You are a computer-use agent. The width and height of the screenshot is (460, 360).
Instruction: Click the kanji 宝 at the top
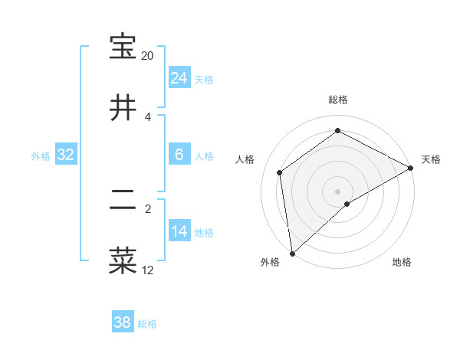pos(123,47)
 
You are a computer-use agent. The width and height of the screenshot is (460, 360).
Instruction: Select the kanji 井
pos(123,107)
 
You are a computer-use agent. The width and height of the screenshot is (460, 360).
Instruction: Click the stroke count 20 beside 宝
pos(147,56)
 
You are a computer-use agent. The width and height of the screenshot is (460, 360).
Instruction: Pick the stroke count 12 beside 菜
pos(147,270)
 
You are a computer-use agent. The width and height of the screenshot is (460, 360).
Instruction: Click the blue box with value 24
pos(179,78)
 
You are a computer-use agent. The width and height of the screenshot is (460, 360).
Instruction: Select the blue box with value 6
pos(179,155)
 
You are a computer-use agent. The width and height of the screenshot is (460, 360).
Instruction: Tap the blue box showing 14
pos(179,231)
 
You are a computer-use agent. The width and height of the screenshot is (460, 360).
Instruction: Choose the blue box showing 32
pos(66,155)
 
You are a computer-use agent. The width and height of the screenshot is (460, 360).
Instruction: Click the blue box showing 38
pos(123,322)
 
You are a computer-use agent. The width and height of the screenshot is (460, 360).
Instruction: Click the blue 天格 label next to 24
pos(204,80)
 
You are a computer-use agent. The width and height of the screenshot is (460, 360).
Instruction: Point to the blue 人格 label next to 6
pos(204,156)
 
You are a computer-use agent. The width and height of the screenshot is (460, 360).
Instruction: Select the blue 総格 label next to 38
pos(147,324)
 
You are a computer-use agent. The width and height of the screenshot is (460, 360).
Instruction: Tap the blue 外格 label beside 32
pos(41,156)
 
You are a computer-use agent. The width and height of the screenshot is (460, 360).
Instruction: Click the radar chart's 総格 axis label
pos(338,100)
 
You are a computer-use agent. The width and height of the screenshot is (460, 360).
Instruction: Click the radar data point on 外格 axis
pos(292,254)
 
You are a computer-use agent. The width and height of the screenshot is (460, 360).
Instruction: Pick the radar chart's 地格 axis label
pos(402,263)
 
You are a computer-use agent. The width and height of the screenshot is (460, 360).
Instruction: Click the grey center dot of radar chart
pos(338,191)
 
